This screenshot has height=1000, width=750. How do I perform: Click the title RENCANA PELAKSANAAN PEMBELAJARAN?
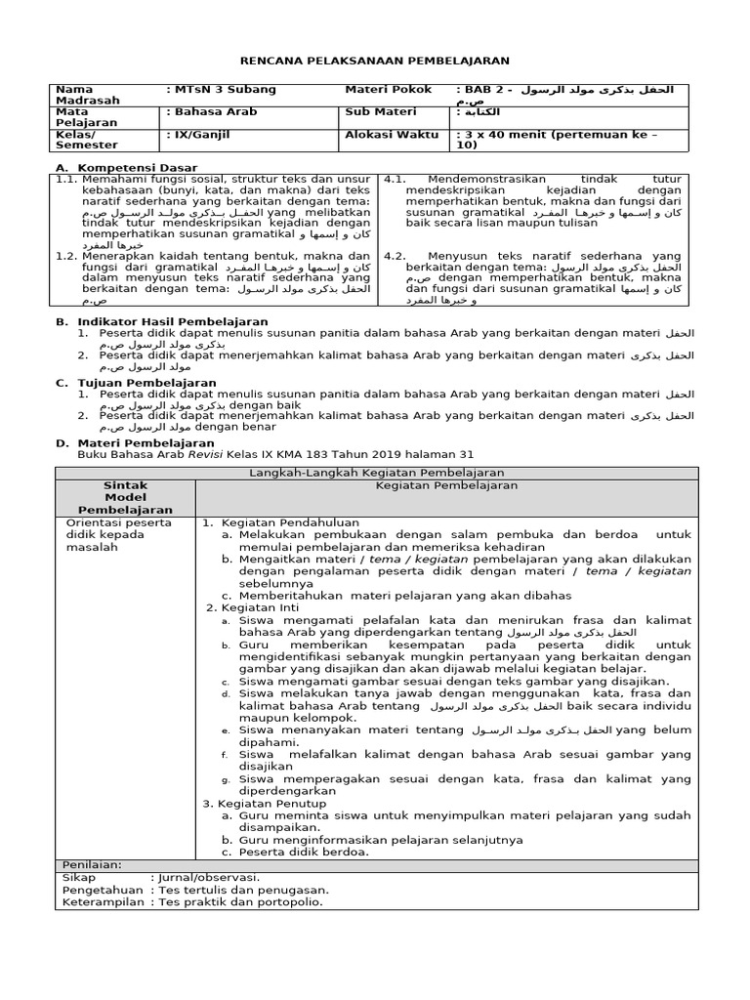point(374,59)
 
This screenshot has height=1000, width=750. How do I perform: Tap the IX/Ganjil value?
point(200,135)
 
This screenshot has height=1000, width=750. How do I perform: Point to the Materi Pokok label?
point(388,90)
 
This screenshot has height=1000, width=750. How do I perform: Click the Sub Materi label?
point(380,112)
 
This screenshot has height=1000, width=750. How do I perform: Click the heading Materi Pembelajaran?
point(146,443)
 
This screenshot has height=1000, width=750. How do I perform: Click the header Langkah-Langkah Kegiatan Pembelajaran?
point(377,473)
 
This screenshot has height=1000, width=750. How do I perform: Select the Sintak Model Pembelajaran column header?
point(125,497)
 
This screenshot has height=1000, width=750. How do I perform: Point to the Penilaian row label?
point(92,865)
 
